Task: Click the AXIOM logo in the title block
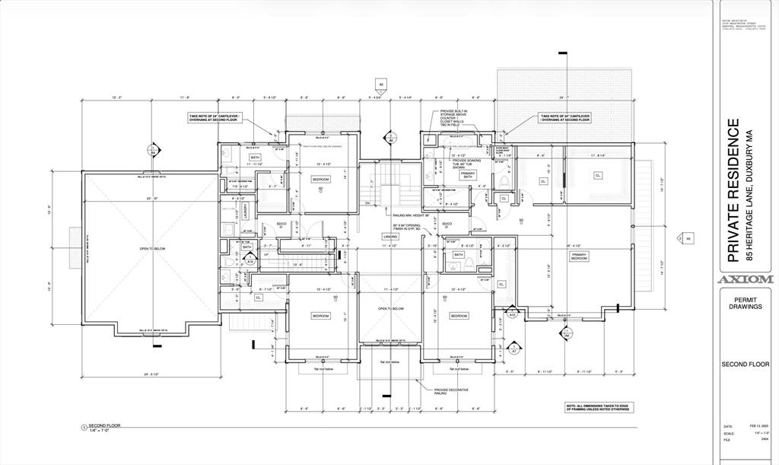[746, 279]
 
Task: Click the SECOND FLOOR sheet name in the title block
[746, 365]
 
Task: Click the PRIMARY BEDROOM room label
[580, 258]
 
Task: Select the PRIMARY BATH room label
[467, 174]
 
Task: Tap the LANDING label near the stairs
[391, 236]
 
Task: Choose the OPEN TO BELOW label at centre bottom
[391, 308]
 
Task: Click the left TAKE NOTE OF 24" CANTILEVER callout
[214, 118]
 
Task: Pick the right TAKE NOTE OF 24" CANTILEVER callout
[564, 118]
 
